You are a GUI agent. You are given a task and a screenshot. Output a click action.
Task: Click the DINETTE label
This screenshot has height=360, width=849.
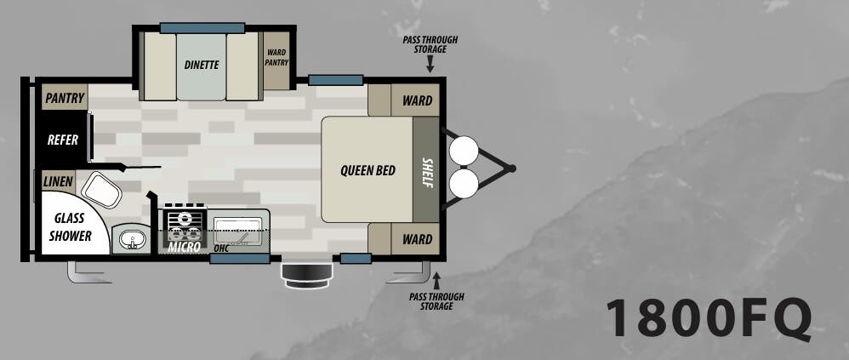click(202, 65)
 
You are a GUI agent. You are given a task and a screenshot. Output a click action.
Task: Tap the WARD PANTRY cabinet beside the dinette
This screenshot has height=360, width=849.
click(276, 60)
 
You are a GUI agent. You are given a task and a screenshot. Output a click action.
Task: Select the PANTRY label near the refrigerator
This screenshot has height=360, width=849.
click(65, 98)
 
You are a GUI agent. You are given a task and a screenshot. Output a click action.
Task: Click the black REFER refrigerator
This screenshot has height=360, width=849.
click(63, 140)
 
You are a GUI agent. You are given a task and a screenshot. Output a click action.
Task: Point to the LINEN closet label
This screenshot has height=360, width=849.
click(58, 181)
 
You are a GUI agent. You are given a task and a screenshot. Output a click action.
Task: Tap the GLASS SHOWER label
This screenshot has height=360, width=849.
click(70, 227)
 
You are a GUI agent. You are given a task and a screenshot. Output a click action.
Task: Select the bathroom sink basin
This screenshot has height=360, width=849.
click(131, 239)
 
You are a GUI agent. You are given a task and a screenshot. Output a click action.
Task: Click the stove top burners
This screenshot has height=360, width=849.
click(185, 225)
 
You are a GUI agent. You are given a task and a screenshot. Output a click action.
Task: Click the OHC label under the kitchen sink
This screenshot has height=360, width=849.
click(221, 249)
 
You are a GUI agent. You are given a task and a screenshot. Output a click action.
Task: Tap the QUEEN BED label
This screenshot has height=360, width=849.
click(368, 170)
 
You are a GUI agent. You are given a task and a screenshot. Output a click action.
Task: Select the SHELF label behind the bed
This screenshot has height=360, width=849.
click(427, 173)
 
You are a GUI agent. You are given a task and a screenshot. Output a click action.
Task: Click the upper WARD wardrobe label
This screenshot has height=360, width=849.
click(418, 100)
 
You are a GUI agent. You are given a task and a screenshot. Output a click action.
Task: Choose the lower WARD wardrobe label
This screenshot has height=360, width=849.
click(418, 239)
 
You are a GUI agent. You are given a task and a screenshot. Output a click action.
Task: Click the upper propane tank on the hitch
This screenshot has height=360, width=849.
click(464, 151)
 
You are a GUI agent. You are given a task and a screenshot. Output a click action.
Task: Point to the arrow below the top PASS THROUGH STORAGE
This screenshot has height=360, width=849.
click(430, 65)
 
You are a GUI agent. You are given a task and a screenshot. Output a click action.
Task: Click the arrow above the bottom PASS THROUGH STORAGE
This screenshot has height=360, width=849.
click(436, 280)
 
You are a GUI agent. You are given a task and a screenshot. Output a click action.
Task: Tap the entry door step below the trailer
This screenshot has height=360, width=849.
click(306, 276)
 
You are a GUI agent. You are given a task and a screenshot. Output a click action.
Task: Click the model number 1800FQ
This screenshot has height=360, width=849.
click(709, 318)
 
